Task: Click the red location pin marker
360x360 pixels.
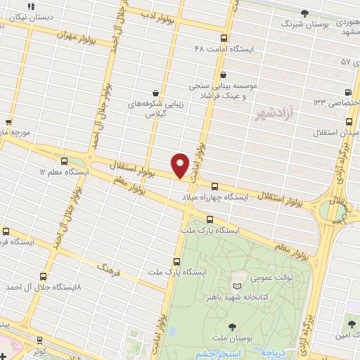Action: click(180, 165)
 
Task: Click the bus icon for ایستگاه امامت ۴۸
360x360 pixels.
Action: click(224, 39)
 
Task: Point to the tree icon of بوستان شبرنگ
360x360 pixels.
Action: click(304, 13)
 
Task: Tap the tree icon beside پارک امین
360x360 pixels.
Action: click(352, 323)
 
